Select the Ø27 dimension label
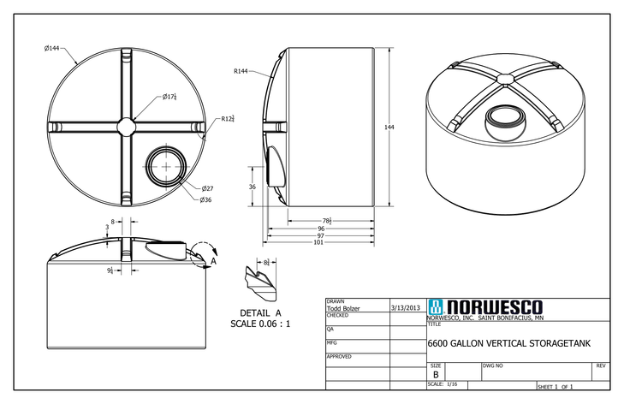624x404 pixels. pyautogui.click(x=207, y=188)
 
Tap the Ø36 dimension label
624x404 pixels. pyautogui.click(x=206, y=200)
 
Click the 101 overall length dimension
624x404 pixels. pyautogui.click(x=318, y=242)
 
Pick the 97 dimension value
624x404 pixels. pyautogui.click(x=321, y=235)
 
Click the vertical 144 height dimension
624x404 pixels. pyautogui.click(x=389, y=127)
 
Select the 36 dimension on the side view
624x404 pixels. pyautogui.click(x=252, y=186)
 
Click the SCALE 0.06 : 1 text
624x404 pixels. pyautogui.click(x=261, y=324)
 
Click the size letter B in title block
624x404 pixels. pyautogui.click(x=436, y=374)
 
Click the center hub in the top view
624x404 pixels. pyautogui.click(x=128, y=126)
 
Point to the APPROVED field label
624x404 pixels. pyautogui.click(x=341, y=356)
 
